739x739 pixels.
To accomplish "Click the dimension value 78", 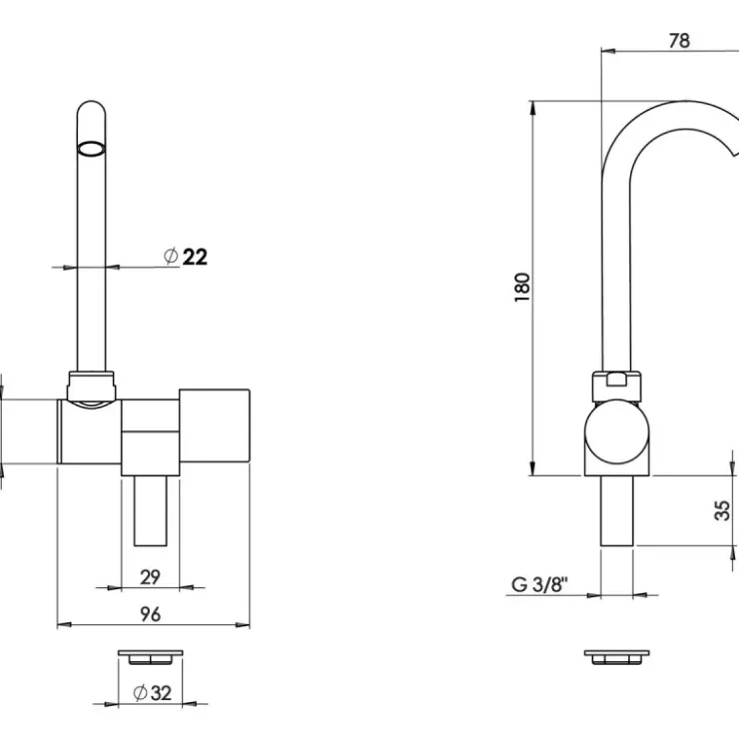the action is coord(679,41).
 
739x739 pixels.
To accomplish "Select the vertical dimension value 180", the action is coord(522,287).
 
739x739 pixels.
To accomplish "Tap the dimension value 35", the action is coord(722,510).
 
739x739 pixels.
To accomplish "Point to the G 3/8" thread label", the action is coord(539,585).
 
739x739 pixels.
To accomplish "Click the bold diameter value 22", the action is coord(195,257).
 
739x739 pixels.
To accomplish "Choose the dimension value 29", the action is coord(151,577).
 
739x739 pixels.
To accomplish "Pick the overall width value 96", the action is coord(151,614).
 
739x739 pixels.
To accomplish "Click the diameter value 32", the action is coord(161,693).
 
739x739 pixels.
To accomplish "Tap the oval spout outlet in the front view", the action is coord(91,148).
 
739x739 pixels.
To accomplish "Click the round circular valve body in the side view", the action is coord(616,431).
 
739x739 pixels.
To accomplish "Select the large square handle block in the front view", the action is coord(215,425).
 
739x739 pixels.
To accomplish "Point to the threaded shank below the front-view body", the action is coord(151,511).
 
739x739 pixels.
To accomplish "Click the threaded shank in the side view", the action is coord(616,511).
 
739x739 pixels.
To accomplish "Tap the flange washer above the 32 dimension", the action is coord(151,657).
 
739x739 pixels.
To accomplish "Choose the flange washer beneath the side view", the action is coord(616,657).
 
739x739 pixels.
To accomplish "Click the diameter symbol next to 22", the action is coord(171,256).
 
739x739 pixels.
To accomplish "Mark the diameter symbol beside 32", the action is coord(140,693).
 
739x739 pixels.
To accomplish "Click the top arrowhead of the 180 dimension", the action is coord(533,109).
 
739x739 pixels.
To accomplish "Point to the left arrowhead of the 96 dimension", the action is coord(65,625).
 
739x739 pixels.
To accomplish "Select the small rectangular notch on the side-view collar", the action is coord(616,378).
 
